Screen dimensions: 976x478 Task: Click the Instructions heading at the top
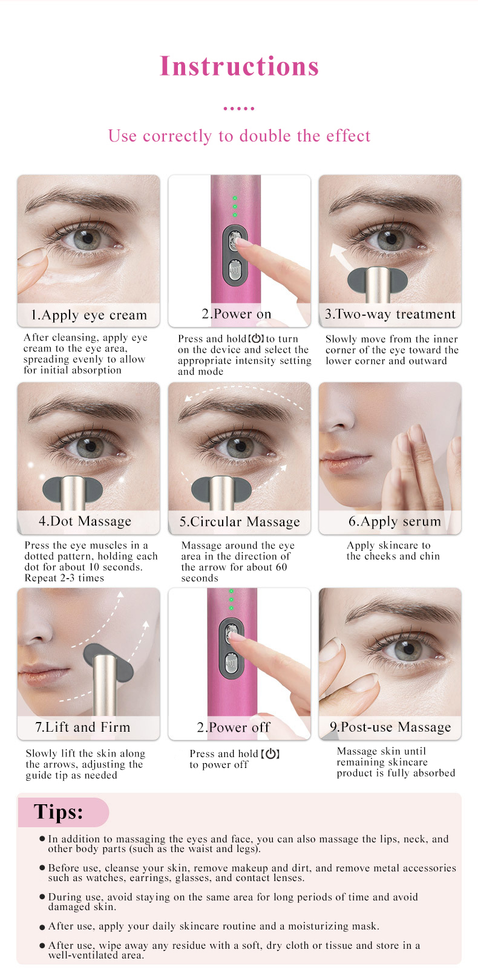pos(239,67)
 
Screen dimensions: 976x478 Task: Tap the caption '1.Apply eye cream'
pos(89,315)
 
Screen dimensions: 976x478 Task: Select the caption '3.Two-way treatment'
pos(390,314)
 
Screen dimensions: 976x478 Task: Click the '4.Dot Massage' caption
pos(85,521)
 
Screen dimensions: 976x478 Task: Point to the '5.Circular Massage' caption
pos(240,522)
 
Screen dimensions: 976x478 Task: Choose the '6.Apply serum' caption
pos(395,521)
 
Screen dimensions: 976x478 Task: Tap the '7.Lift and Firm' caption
pos(83,727)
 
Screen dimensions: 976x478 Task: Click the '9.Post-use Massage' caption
pos(390,727)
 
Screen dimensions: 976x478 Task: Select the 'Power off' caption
pos(234,727)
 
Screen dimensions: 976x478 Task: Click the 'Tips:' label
pos(58,812)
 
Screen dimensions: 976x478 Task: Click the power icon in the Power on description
pos(257,339)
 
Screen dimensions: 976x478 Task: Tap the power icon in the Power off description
pos(270,754)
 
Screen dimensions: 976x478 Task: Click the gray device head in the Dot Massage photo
pos(73,487)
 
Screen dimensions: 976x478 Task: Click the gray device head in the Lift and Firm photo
pos(108,660)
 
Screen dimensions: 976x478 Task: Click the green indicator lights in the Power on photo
pos(235,206)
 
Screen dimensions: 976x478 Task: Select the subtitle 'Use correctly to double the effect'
pos(239,136)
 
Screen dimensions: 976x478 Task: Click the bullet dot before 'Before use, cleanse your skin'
pos(42,868)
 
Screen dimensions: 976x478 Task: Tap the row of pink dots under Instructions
pos(239,108)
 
